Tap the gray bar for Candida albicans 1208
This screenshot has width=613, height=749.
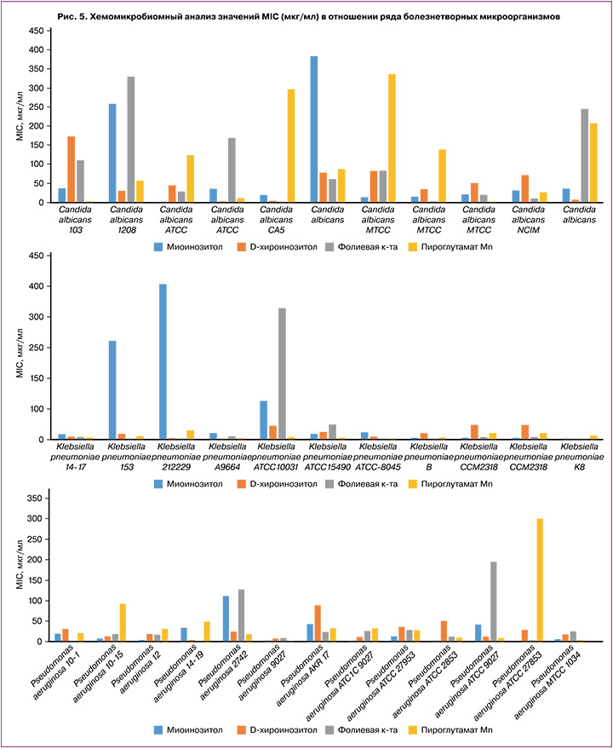[131, 140]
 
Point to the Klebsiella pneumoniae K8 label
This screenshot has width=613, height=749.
[582, 457]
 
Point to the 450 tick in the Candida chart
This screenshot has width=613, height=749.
[36, 31]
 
